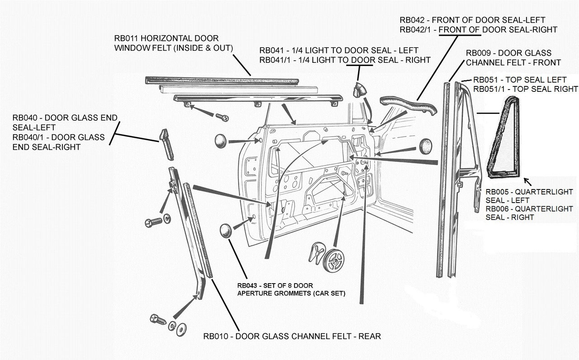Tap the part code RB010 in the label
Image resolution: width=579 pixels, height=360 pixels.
[x=215, y=336]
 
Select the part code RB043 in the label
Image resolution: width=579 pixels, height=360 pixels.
[x=247, y=285]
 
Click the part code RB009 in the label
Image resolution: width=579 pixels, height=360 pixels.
[x=478, y=53]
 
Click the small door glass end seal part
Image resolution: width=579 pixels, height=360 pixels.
[x=166, y=144]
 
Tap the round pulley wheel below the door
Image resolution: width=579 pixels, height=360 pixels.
[x=334, y=261]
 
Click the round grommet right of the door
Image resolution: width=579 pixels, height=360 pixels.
[x=426, y=146]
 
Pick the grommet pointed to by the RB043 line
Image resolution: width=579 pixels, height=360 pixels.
[x=225, y=230]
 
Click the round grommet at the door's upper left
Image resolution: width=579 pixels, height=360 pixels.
[x=221, y=141]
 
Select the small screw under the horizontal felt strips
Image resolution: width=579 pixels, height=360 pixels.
[x=222, y=118]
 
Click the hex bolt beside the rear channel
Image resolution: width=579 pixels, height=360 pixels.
[x=153, y=222]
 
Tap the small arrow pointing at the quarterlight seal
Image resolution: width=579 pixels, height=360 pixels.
[x=527, y=182]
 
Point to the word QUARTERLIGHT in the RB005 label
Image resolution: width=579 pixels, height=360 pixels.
[x=548, y=192]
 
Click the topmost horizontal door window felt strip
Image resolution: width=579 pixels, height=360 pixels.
[x=222, y=81]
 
